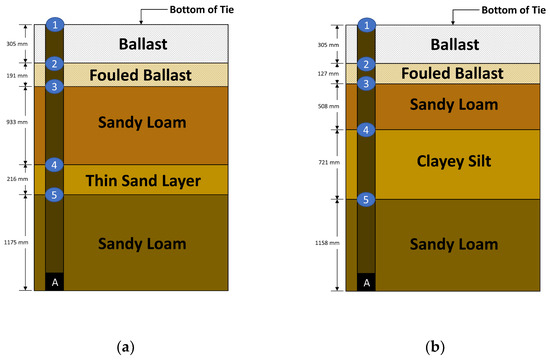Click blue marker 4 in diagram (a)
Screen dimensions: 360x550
click(56, 165)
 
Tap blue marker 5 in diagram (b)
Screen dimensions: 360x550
click(367, 200)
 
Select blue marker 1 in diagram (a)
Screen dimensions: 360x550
click(56, 23)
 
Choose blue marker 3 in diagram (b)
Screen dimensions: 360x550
click(367, 84)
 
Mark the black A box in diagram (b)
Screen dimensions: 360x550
click(367, 282)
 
